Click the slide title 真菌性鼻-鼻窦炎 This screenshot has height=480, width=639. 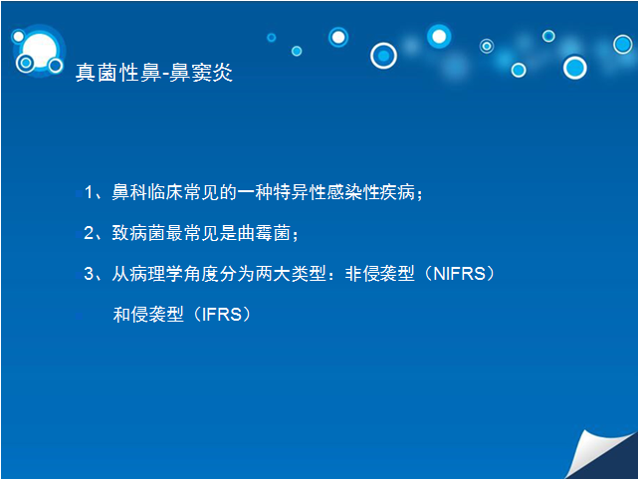pyautogui.click(x=154, y=73)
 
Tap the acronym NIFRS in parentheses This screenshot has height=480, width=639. pyautogui.click(x=459, y=274)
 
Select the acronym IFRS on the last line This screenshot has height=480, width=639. pyautogui.click(x=222, y=315)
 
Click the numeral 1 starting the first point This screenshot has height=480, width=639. pyautogui.click(x=89, y=192)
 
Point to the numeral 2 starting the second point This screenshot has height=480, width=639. pyautogui.click(x=89, y=233)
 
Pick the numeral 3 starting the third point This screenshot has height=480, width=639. pyautogui.click(x=89, y=274)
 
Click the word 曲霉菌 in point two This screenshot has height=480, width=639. pyautogui.click(x=264, y=233)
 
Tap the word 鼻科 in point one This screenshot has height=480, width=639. pyautogui.click(x=129, y=192)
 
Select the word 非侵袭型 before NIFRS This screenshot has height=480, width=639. pyautogui.click(x=380, y=274)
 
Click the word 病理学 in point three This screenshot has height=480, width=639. pyautogui.click(x=156, y=274)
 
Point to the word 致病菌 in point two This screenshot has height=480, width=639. pyautogui.click(x=138, y=233)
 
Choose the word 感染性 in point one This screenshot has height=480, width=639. pyautogui.click(x=353, y=192)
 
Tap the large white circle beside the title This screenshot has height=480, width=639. pyautogui.click(x=40, y=51)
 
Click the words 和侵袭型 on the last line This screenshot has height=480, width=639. pyautogui.click(x=148, y=315)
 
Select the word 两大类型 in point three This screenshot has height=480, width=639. pyautogui.click(x=291, y=274)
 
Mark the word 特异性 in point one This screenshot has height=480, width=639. pyautogui.click(x=300, y=192)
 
